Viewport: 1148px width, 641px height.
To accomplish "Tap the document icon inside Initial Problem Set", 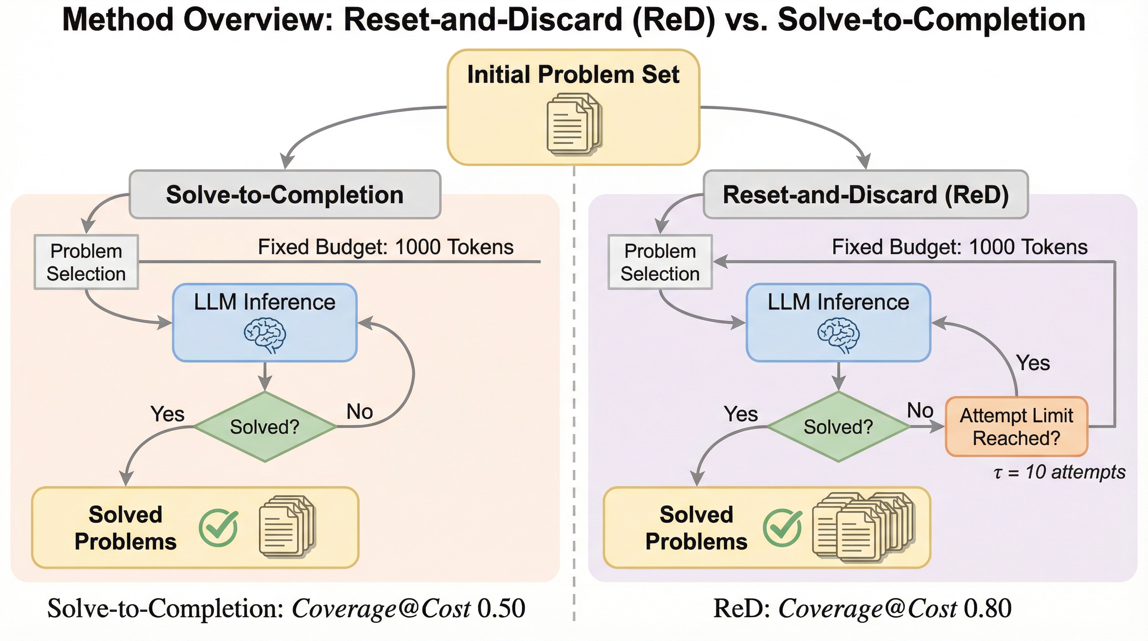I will (x=574, y=124).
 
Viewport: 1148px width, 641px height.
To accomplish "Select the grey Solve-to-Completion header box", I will (x=285, y=194).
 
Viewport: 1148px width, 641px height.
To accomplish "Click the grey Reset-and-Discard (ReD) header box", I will (x=866, y=194).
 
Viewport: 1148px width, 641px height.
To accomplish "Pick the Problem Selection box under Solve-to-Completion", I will (x=86, y=262).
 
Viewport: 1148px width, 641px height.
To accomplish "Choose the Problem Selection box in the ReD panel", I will (x=660, y=262).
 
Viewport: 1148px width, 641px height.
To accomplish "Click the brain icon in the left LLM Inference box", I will (x=265, y=335).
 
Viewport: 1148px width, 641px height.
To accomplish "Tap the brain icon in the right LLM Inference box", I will (x=838, y=335).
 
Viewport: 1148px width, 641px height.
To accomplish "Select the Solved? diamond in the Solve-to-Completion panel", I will (x=265, y=427).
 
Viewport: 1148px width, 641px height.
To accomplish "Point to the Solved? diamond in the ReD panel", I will (x=838, y=427).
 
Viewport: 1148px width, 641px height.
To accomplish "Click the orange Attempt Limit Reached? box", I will (x=1017, y=426).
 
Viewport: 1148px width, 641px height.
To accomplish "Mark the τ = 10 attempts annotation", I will (x=1059, y=472).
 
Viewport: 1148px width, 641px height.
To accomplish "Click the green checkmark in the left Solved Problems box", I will (x=218, y=528).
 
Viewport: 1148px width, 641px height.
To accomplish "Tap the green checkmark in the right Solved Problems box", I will (x=783, y=528).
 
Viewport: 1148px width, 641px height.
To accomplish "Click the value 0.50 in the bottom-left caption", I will (x=501, y=608).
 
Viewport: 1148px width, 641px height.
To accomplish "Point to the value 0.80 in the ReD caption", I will (x=987, y=608).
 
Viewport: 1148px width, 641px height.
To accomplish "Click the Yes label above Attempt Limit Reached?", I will (x=1033, y=363).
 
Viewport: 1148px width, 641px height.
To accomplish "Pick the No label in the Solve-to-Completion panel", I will (x=360, y=411).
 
